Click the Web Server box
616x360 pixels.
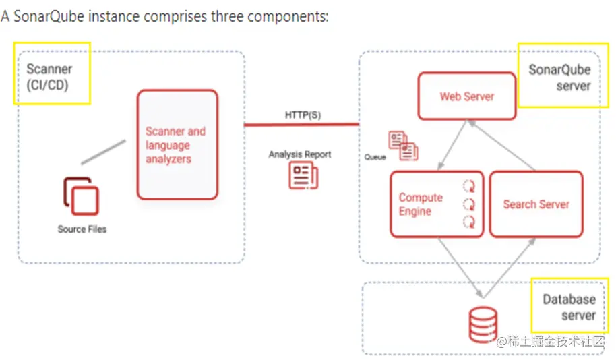click(467, 96)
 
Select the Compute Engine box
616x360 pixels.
click(437, 204)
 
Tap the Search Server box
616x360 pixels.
click(536, 204)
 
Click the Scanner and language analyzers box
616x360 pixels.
click(177, 145)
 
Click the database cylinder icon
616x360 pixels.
click(483, 324)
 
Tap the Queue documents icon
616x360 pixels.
click(403, 146)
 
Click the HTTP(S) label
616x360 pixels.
click(303, 115)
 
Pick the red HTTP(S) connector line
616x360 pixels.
click(301, 125)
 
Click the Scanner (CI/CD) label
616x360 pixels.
click(49, 77)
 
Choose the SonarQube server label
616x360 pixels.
click(559, 78)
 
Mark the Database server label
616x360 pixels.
click(569, 307)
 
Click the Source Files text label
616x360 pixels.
click(82, 229)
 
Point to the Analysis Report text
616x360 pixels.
click(300, 154)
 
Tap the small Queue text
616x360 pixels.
click(375, 157)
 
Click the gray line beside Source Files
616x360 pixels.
click(103, 152)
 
